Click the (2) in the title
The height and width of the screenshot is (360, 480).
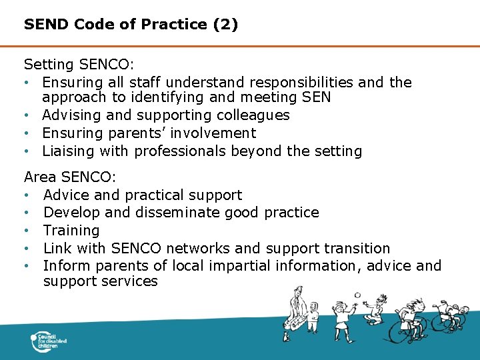coord(225,25)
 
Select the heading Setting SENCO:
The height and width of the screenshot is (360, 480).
coord(79,65)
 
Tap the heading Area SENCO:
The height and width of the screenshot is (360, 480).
coord(70,177)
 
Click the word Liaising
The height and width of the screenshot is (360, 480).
coord(69,151)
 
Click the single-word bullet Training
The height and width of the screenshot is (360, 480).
coord(71,231)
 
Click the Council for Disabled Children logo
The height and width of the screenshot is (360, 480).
coord(49,341)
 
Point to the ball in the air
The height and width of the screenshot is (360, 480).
coord(357,295)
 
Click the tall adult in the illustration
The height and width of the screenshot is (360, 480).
coord(293,310)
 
